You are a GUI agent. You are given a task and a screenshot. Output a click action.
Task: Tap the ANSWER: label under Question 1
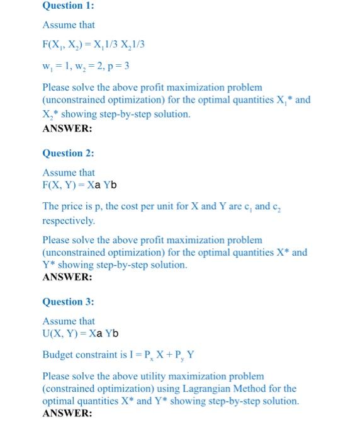point(67,128)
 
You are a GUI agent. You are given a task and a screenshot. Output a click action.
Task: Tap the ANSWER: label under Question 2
point(67,277)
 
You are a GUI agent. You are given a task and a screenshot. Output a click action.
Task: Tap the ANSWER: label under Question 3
point(67,413)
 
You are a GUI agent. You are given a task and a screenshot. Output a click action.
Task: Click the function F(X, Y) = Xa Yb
point(79,185)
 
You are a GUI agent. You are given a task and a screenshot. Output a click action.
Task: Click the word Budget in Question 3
point(58,355)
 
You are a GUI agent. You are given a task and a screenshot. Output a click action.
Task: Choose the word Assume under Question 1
point(60,25)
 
